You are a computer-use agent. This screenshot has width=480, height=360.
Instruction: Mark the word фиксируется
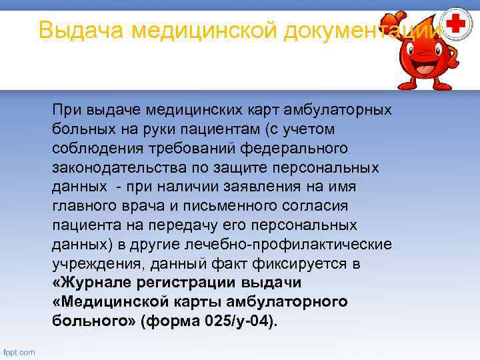(x=296, y=263)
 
